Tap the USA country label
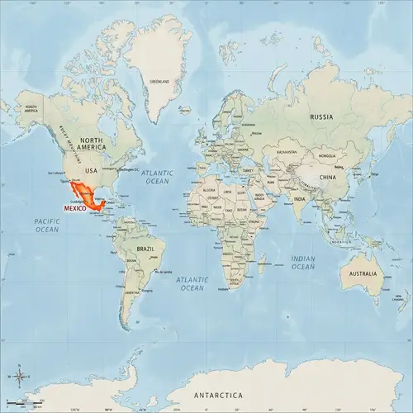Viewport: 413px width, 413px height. click(92, 171)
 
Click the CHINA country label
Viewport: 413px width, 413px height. click(328, 177)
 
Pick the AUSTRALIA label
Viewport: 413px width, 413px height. click(363, 273)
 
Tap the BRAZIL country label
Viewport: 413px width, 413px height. click(146, 249)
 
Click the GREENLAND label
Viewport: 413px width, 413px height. click(159, 82)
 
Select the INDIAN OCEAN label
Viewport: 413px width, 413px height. click(303, 263)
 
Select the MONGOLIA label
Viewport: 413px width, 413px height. click(330, 155)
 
